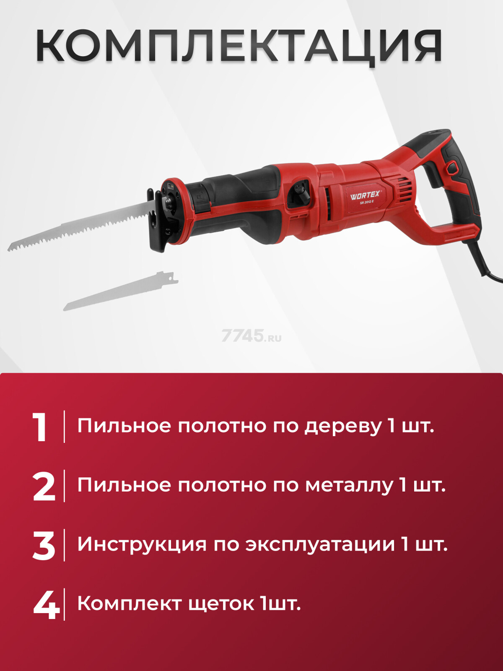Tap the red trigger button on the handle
pyautogui.click(x=451, y=168)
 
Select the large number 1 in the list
pyautogui.click(x=41, y=427)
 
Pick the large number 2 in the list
pyautogui.click(x=44, y=486)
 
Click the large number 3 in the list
pyautogui.click(x=44, y=546)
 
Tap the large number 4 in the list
pyautogui.click(x=46, y=605)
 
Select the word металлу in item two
pyautogui.click(x=349, y=486)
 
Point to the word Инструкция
pyautogui.click(x=142, y=545)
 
